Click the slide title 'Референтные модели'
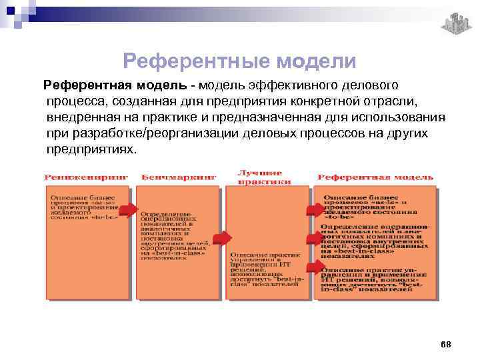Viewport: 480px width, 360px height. (x=240, y=62)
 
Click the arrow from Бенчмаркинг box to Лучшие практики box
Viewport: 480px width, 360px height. (x=223, y=237)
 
